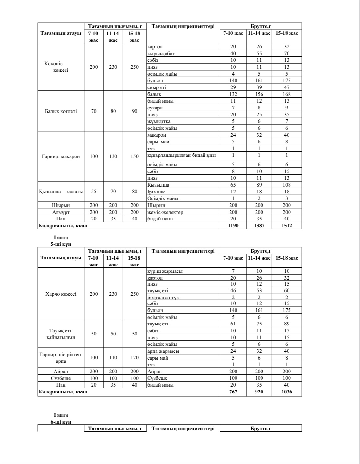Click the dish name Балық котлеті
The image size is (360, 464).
(x=61, y=111)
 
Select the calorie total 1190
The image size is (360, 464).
(x=233, y=225)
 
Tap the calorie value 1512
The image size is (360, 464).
(x=287, y=225)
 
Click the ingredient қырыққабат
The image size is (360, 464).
(x=161, y=53)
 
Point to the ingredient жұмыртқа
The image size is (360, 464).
(x=159, y=121)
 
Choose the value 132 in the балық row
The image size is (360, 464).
(x=233, y=94)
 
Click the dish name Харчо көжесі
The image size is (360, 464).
(x=61, y=294)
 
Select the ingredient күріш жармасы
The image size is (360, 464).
(x=165, y=271)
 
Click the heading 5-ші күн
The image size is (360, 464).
(x=61, y=244)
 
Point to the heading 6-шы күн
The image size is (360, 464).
(x=61, y=422)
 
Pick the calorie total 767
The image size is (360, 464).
(x=233, y=392)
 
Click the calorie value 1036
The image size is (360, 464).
(x=287, y=392)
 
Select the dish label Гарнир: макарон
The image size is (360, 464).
(x=61, y=156)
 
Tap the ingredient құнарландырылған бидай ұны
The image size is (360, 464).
(x=182, y=155)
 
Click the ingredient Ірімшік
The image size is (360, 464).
(x=156, y=192)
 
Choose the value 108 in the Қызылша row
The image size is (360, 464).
(x=287, y=185)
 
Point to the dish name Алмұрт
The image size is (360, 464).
(x=61, y=212)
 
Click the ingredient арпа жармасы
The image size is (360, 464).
(x=163, y=351)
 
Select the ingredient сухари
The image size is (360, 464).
(x=155, y=108)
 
